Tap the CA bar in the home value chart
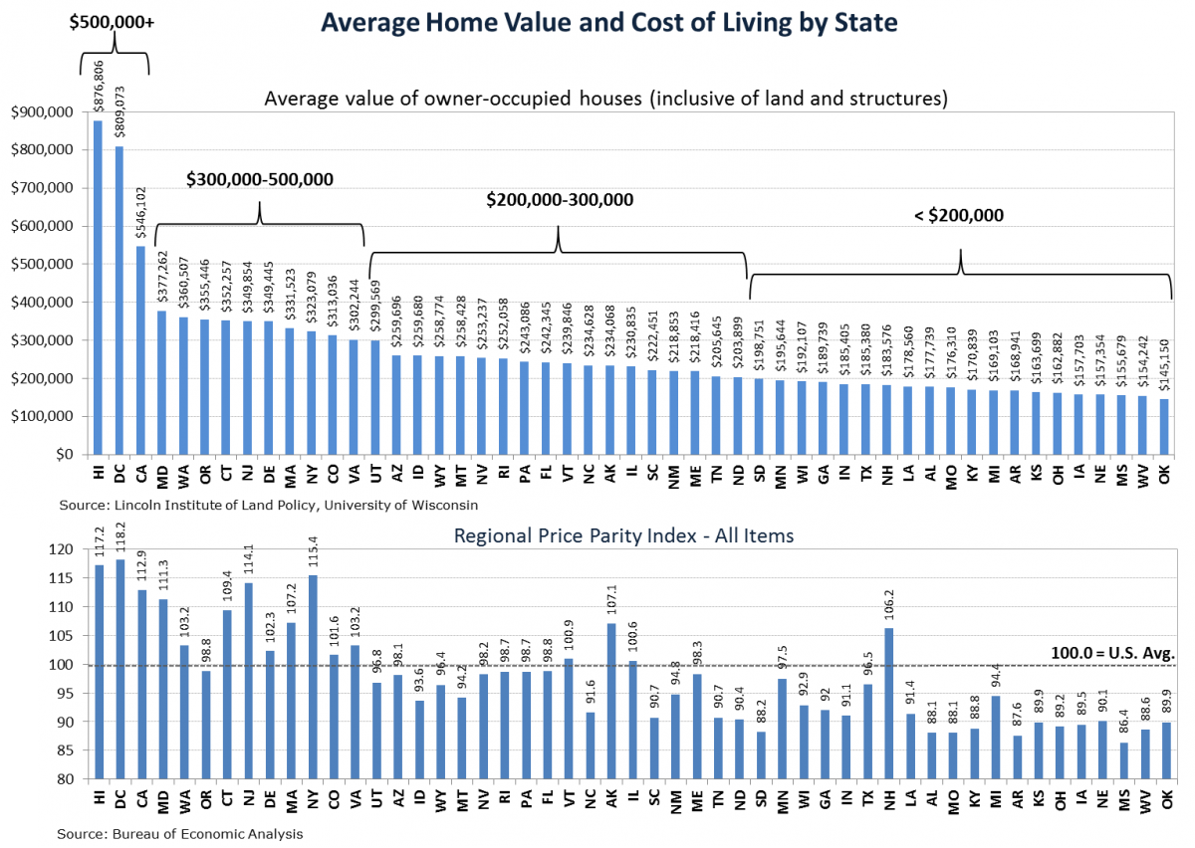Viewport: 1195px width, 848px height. coord(140,349)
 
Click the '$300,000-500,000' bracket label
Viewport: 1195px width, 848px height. coord(260,179)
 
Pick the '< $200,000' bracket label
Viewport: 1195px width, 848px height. coord(960,215)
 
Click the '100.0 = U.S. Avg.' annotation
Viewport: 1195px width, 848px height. coord(1112,653)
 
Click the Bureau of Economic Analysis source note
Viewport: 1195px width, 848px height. coord(180,833)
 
